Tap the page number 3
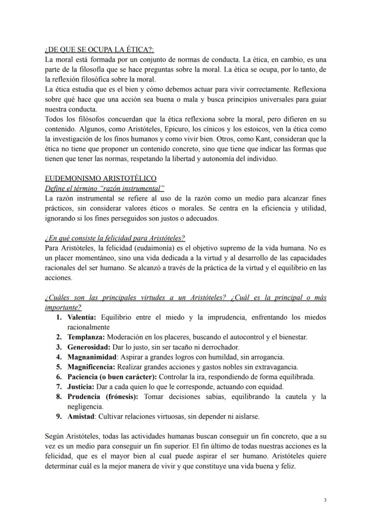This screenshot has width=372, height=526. click(x=325, y=500)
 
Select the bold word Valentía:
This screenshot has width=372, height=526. click(x=82, y=318)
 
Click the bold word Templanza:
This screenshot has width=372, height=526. click(x=86, y=337)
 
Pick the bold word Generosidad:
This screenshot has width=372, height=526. click(x=89, y=347)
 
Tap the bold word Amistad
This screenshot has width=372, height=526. click(x=81, y=416)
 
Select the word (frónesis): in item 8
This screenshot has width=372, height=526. click(x=122, y=396)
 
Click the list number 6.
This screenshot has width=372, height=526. click(x=59, y=377)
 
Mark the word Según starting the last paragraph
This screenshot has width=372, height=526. click(x=55, y=436)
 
